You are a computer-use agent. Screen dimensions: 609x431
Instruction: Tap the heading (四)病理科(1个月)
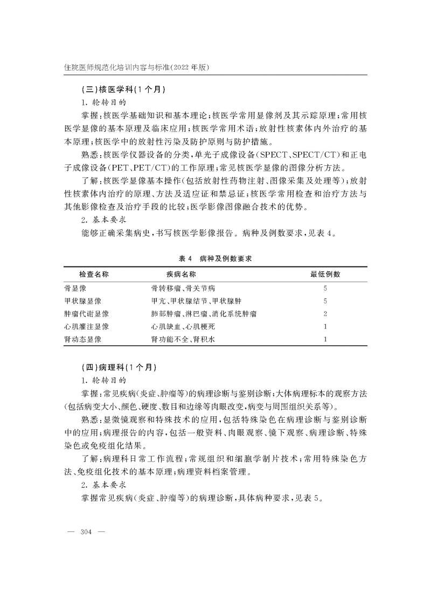click(115, 367)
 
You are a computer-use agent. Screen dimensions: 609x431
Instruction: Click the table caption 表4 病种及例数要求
click(215, 258)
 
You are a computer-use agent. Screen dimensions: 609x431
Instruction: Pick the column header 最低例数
click(325, 275)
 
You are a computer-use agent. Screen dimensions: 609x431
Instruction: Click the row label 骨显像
click(75, 288)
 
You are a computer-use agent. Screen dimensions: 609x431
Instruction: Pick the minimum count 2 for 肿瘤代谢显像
click(325, 314)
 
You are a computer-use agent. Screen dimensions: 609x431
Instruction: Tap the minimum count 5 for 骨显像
click(325, 288)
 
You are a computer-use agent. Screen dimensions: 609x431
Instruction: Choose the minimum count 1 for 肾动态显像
click(325, 340)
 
